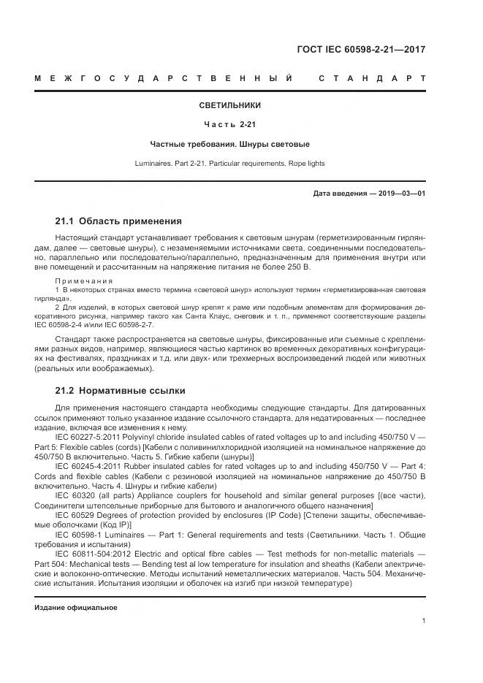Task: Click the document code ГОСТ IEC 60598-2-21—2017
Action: coord(361,50)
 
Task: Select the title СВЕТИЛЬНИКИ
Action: coord(230,105)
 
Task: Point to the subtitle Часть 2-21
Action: coord(230,124)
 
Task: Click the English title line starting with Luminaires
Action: coord(230,163)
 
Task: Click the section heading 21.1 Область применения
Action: coord(118,221)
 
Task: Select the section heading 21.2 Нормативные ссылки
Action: coord(120,390)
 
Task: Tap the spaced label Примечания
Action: coord(84,281)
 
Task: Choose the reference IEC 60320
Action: coord(75,494)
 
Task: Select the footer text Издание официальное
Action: coord(76,607)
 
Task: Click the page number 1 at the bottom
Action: coord(424,621)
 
